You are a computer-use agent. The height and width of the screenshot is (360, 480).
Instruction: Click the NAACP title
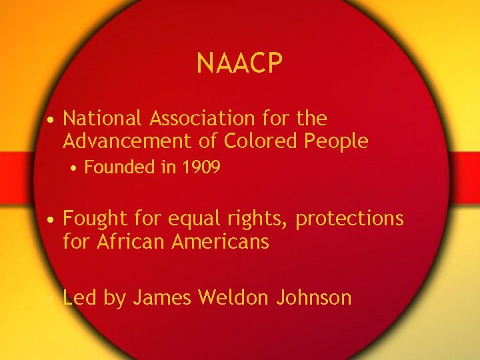240,64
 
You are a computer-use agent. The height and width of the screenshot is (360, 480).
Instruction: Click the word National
103,119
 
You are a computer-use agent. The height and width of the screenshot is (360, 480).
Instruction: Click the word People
335,141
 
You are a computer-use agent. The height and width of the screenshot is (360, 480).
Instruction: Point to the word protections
349,219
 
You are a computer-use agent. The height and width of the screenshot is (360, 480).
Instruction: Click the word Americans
221,241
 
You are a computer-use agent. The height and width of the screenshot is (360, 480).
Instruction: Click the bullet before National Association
51,120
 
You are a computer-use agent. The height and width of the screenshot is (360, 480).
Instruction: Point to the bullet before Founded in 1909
76,168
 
